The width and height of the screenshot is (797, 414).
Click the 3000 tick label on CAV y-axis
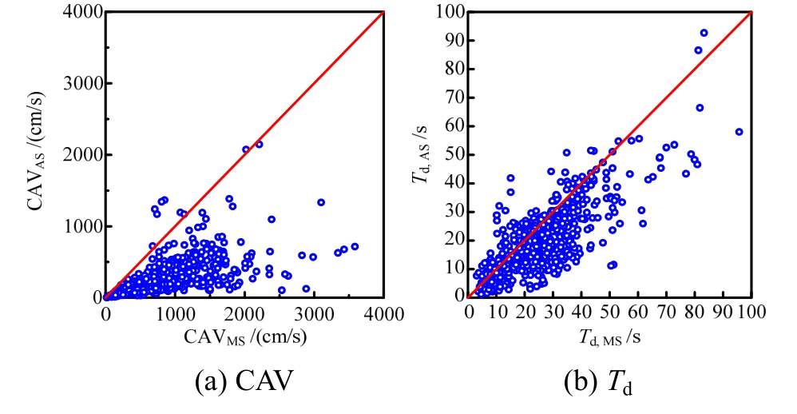click(x=77, y=83)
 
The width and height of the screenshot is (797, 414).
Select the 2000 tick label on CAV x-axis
click(x=244, y=313)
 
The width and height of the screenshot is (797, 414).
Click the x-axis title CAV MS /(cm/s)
click(x=244, y=340)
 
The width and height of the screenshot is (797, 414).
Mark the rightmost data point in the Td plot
click(x=739, y=132)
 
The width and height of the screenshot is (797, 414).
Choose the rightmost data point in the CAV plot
click(x=355, y=246)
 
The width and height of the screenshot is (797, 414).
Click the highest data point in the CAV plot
click(x=259, y=145)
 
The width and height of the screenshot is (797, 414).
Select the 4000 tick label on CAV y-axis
click(x=77, y=12)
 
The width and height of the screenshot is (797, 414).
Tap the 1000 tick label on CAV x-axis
click(x=175, y=313)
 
